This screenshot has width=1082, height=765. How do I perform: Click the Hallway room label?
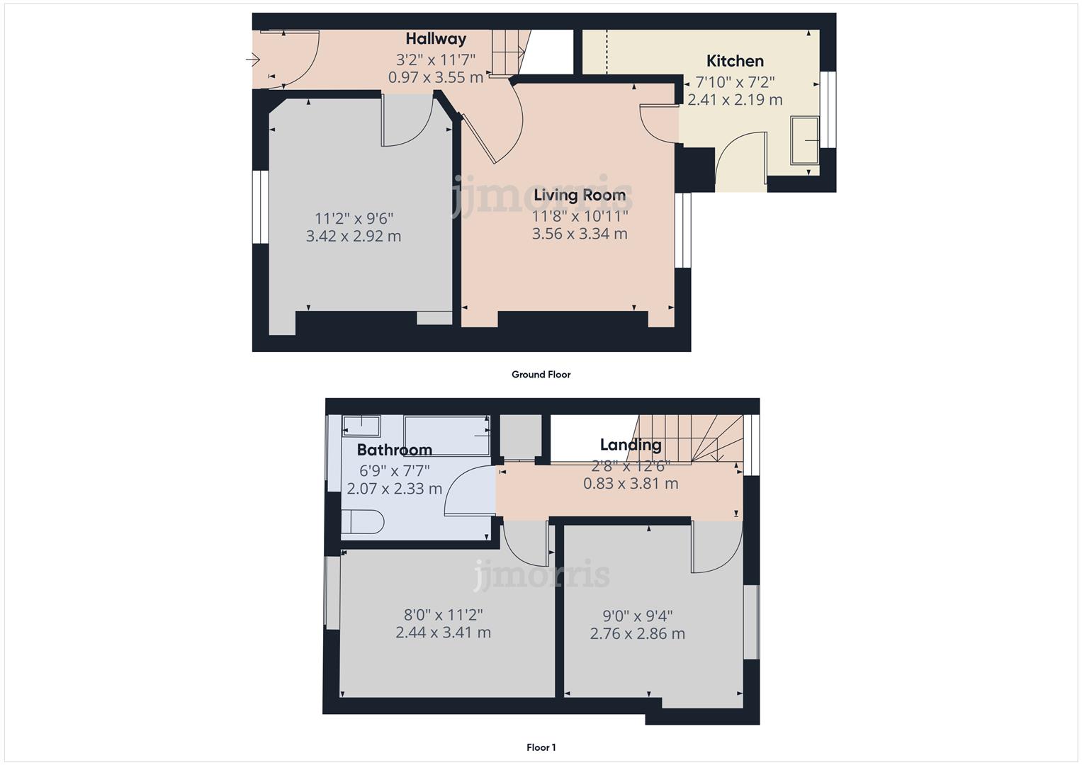pos(435,39)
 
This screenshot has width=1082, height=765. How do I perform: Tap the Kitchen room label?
pos(735,61)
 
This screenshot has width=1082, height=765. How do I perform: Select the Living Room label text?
pos(579,195)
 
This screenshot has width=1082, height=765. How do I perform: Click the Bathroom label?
pos(394,450)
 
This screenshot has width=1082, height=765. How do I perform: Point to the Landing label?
pos(630,445)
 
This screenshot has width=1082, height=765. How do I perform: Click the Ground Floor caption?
pos(541,375)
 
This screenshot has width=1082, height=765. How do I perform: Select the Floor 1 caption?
pos(541,747)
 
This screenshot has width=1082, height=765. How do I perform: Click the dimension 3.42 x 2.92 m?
pos(353,237)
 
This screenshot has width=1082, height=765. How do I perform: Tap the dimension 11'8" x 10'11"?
pos(580,215)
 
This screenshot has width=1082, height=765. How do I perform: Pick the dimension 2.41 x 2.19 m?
pos(735,100)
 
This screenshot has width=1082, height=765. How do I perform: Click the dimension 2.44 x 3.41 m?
pos(443,633)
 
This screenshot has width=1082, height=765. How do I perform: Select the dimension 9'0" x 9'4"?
pos(637,616)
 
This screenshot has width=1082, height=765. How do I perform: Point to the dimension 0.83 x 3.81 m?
pos(630,484)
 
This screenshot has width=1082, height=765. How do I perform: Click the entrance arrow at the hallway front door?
pos(253,60)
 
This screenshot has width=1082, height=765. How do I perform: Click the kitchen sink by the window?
pos(805,140)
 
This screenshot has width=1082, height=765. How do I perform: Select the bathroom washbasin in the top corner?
pos(361,426)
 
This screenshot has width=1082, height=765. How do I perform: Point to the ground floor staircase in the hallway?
pos(508,52)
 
